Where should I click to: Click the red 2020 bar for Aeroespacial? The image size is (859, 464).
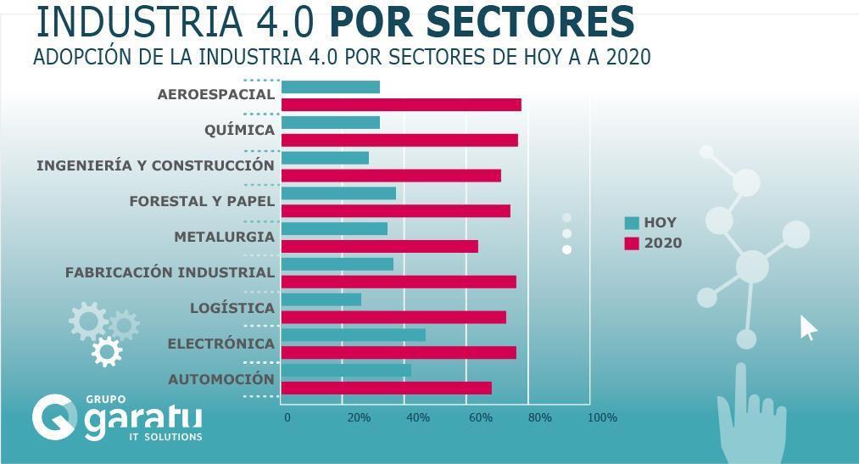tap(400, 104)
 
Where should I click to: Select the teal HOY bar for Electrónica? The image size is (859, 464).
tap(353, 335)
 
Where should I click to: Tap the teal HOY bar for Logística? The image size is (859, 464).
tap(321, 299)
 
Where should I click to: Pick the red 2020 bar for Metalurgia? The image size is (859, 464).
tap(379, 246)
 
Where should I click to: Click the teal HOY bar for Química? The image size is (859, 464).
tap(330, 122)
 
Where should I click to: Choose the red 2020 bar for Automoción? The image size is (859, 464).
tap(386, 388)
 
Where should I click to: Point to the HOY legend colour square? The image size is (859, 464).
tap(632, 223)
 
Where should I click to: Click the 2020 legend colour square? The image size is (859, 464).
tap(632, 243)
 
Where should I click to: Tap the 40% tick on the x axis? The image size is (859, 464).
tap(417, 417)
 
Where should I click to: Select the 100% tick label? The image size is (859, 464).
tap(602, 417)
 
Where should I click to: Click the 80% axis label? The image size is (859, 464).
tap(539, 417)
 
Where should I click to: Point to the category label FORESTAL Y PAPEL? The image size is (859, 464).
tap(202, 201)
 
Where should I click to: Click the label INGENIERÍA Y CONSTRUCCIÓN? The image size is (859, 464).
tap(155, 165)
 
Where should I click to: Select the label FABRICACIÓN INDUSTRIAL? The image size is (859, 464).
tap(170, 272)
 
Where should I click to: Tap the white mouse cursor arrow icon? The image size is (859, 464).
tap(807, 327)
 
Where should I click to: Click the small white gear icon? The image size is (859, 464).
tap(107, 350)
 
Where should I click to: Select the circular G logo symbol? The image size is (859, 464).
tap(54, 416)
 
